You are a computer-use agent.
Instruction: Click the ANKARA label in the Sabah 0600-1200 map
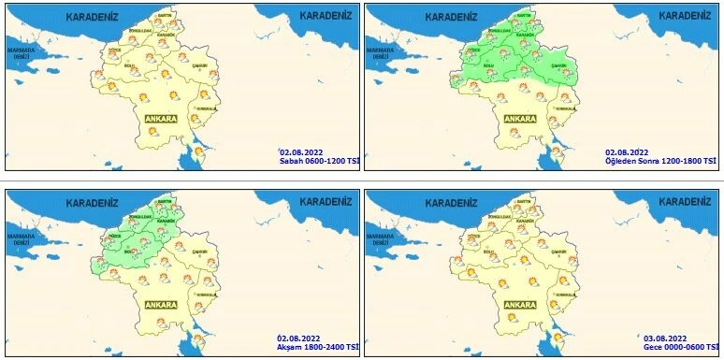161,119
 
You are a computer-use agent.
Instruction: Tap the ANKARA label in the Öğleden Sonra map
519,119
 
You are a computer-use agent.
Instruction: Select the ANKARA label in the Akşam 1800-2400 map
161,304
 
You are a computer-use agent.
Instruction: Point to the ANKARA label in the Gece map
519,304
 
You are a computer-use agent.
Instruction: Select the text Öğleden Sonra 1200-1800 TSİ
660,161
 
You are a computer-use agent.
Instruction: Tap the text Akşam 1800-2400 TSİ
317,346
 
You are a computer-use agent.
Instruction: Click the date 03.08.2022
666,337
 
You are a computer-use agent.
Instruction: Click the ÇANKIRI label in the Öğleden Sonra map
559,65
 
